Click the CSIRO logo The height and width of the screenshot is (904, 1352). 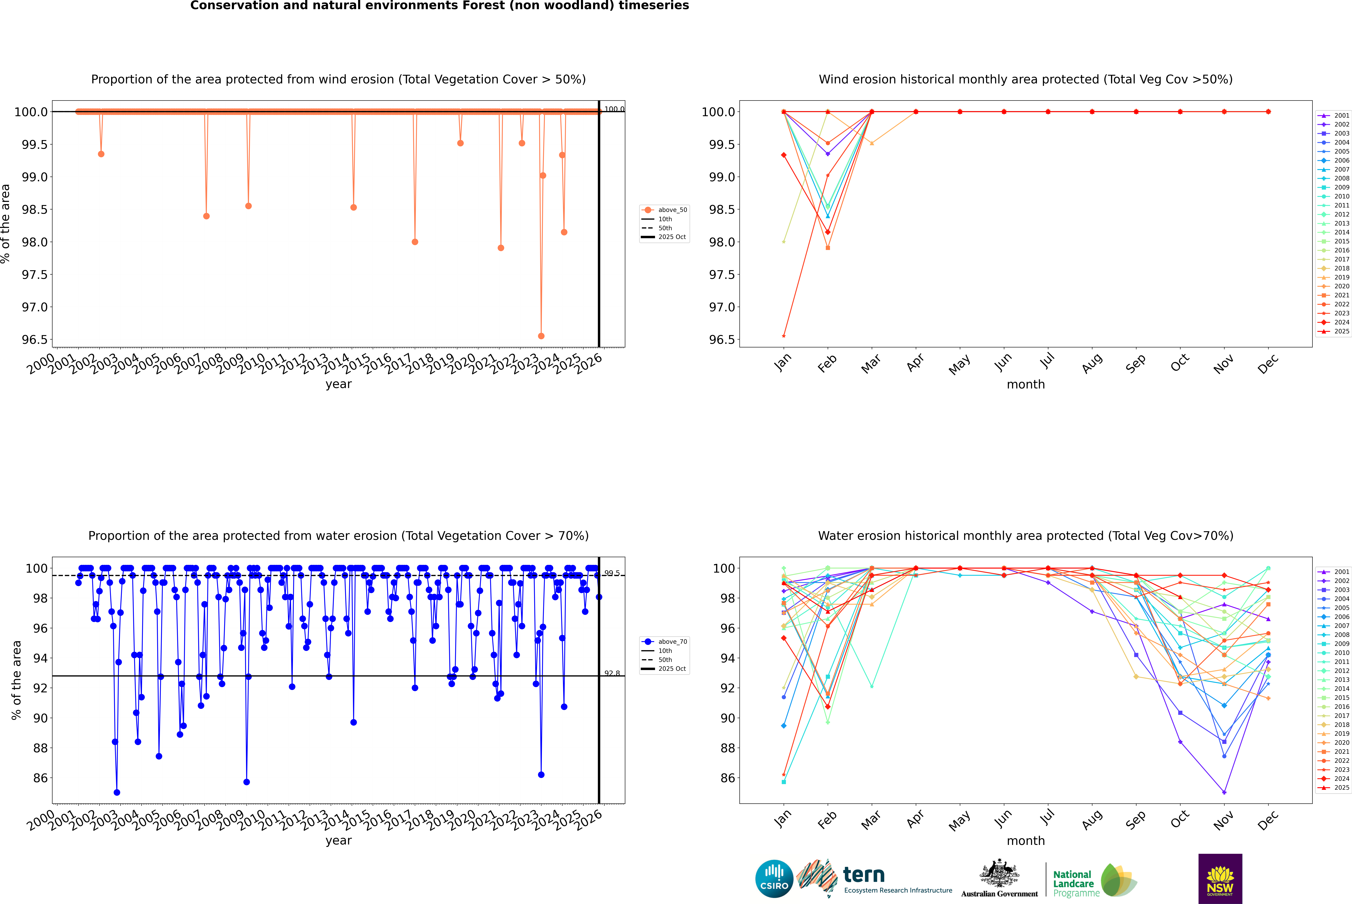pyautogui.click(x=774, y=879)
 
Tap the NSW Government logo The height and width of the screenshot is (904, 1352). pyautogui.click(x=1220, y=879)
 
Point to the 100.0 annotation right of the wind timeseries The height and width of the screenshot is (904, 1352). pyautogui.click(x=614, y=109)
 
